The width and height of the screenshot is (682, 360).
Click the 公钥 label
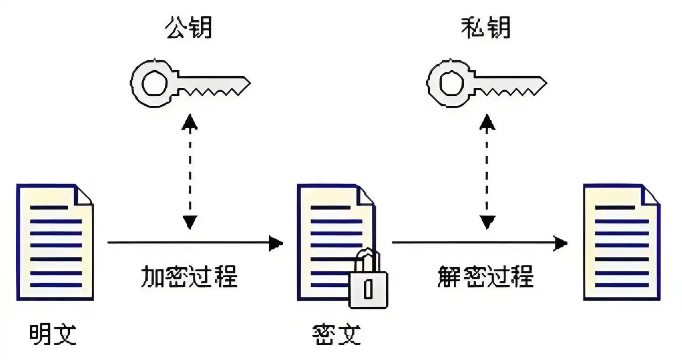(x=189, y=28)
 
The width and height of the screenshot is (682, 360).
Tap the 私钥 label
(x=486, y=28)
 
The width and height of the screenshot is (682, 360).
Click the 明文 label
(x=53, y=334)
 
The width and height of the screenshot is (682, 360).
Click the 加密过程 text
(x=190, y=276)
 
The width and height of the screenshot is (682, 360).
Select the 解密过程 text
(x=486, y=276)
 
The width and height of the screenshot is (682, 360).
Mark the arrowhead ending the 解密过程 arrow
(x=560, y=243)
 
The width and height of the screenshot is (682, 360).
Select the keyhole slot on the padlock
(x=368, y=289)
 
